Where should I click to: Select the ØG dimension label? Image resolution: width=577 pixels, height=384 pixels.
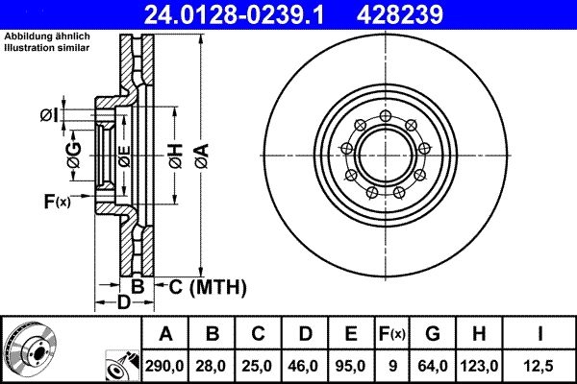pos(74,157)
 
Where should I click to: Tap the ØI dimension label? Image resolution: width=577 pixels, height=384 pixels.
pos(48,116)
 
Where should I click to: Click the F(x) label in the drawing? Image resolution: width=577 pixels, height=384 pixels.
pos(57,202)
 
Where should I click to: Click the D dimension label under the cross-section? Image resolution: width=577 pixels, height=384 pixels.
pos(123,303)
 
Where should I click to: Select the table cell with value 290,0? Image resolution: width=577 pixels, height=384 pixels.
pos(165,365)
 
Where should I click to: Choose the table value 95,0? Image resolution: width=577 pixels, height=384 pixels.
pos(351,365)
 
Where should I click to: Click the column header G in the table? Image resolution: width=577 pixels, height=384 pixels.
pos(432,335)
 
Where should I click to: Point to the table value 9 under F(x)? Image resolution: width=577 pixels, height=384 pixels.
pos(392,365)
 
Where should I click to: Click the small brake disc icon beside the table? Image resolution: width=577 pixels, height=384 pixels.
pos(29,350)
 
